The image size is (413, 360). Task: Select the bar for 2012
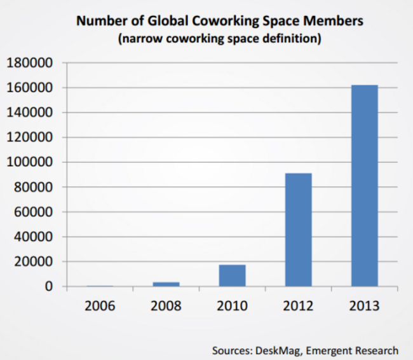tap(298, 230)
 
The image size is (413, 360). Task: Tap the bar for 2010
tap(232, 275)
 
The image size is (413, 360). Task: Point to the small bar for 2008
tap(166, 284)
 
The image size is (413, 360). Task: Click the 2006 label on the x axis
tap(100, 305)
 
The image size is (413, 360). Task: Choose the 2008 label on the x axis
tap(166, 305)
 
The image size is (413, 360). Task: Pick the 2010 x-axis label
tap(232, 305)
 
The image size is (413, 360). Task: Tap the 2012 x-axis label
tap(298, 305)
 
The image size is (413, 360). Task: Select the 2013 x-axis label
tap(364, 305)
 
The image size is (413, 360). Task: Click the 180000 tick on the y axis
tap(29, 63)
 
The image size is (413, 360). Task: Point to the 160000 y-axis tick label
tap(29, 88)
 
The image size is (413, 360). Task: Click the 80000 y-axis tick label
tap(32, 187)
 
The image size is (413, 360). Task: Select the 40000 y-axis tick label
tap(32, 237)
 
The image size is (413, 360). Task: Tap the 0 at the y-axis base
tap(48, 287)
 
